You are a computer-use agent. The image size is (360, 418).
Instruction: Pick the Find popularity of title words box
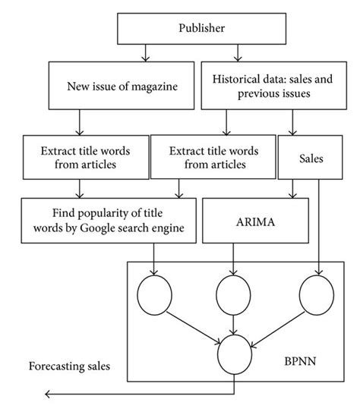[108, 220]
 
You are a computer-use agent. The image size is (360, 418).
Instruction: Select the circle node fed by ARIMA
[232, 294]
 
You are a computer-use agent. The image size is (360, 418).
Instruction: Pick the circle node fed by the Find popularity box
[154, 294]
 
